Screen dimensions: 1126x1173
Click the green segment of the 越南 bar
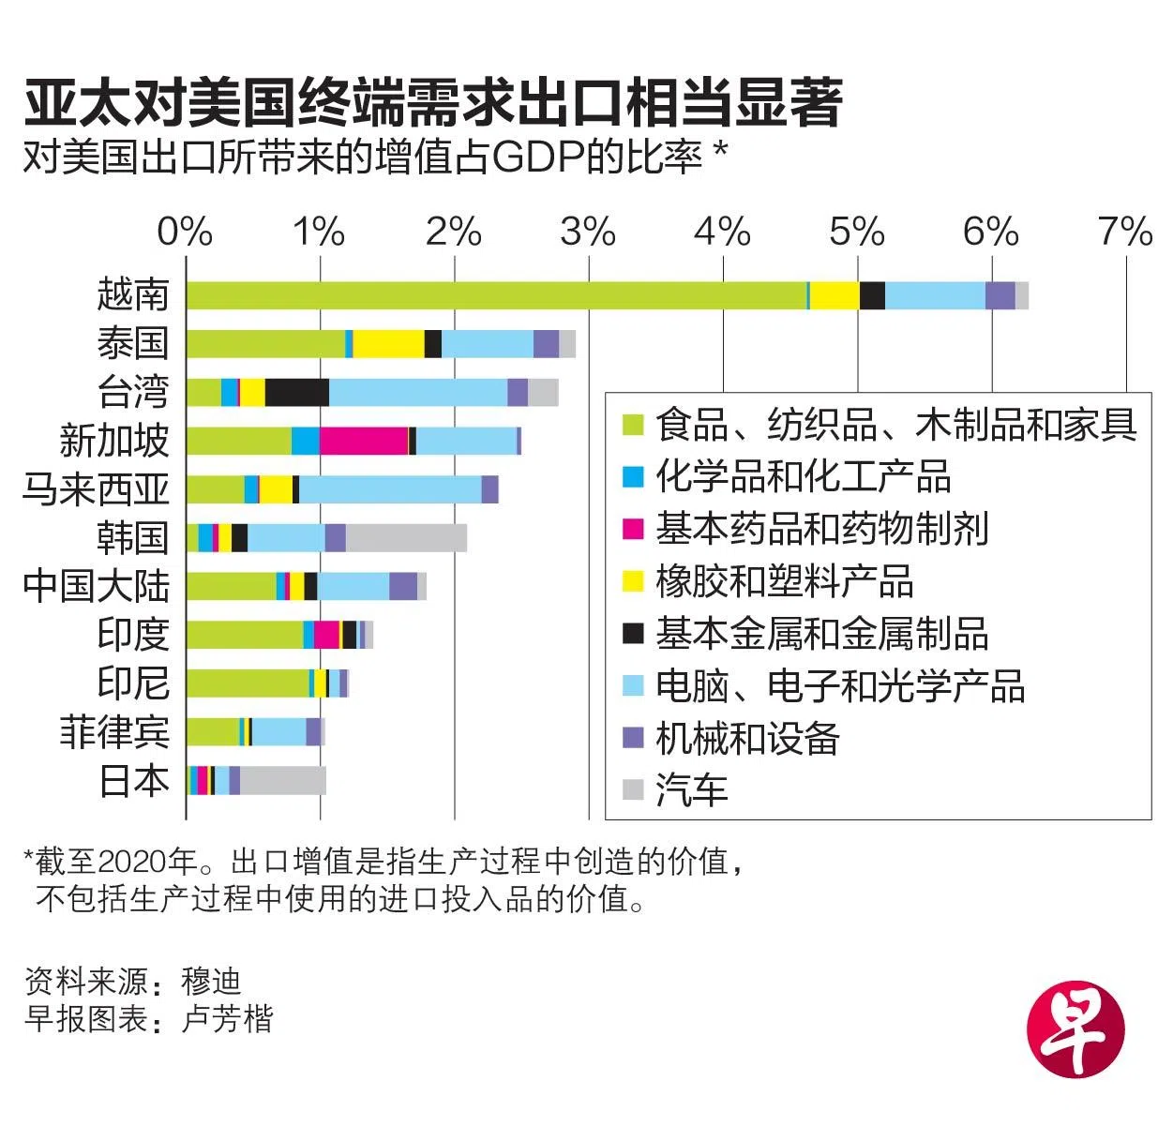click(496, 295)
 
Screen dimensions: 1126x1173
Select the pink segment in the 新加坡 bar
click(364, 441)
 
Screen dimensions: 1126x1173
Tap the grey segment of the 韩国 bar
click(406, 538)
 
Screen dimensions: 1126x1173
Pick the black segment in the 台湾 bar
click(297, 392)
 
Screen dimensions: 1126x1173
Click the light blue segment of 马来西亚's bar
click(390, 489)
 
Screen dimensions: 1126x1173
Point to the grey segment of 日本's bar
click(283, 780)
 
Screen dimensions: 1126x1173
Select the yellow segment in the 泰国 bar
click(388, 344)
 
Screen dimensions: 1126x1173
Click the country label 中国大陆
click(97, 586)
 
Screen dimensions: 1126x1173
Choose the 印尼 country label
click(133, 683)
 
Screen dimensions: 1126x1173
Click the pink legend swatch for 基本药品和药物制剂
click(634, 529)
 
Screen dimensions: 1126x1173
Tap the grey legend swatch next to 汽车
click(634, 790)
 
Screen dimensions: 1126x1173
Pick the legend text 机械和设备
click(747, 739)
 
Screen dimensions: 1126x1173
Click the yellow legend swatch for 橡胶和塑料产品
click(634, 581)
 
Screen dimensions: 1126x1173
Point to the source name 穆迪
click(212, 982)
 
